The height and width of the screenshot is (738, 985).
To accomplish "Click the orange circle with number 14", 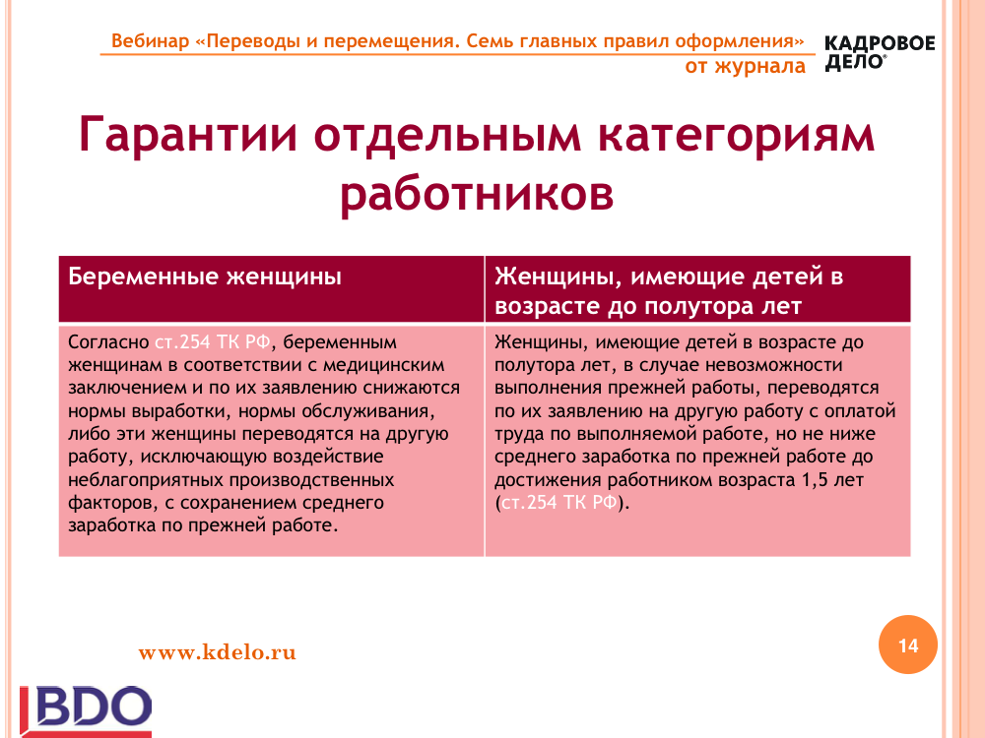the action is [908, 645].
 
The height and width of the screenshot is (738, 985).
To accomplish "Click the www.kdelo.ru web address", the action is [218, 652].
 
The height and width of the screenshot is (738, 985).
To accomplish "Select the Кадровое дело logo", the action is [880, 53].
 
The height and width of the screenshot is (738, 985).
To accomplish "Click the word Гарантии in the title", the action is [188, 136].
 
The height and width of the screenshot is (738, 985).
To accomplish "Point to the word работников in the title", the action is [477, 195].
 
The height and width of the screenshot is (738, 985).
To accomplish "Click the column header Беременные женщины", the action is [205, 277].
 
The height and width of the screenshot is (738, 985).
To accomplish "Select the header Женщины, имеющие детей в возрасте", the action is [669, 291].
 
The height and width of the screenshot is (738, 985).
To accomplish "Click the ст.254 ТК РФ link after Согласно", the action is [213, 342].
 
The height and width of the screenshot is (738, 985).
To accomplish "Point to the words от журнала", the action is [745, 67].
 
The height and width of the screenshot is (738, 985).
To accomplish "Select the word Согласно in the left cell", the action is [108, 342].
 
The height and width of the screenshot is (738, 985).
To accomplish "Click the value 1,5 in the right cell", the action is [816, 480].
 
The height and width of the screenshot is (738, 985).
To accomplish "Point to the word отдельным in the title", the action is [447, 136].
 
